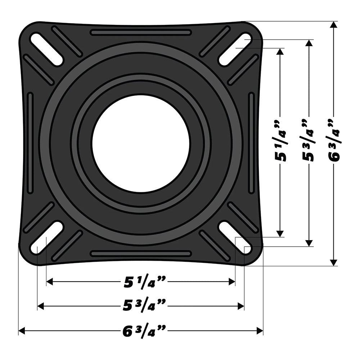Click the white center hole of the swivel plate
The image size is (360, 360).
pyautogui.click(x=141, y=143)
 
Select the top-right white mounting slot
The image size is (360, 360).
pyautogui.click(x=235, y=49)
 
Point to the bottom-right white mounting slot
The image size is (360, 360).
pyautogui.click(x=235, y=238)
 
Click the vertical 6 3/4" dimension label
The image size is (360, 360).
pyautogui.click(x=334, y=142)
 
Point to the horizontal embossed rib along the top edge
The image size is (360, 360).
pyautogui.click(x=141, y=32)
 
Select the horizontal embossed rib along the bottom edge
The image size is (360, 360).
pyautogui.click(x=141, y=253)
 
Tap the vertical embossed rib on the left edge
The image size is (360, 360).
pyautogui.click(x=30, y=143)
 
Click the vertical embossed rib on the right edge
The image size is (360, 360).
pyautogui.click(x=251, y=143)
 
